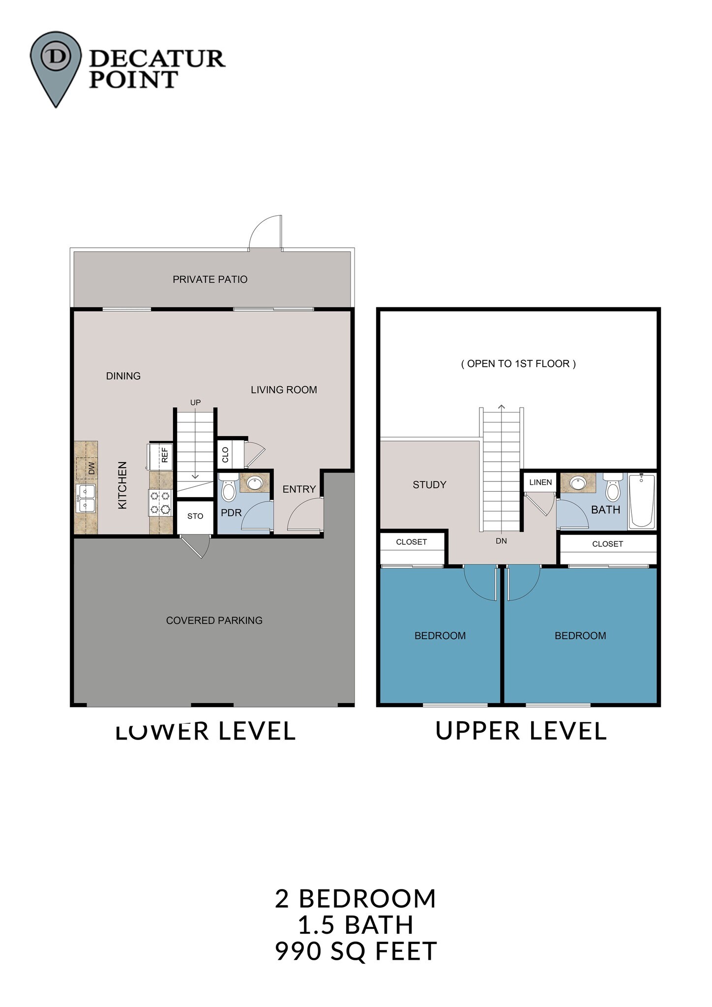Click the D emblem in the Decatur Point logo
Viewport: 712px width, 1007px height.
(x=55, y=56)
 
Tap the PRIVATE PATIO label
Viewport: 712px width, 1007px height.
(x=210, y=279)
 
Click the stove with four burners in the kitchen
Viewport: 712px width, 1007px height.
(x=160, y=503)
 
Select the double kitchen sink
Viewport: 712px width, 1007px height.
(x=86, y=498)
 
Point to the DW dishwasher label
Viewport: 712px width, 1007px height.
(x=91, y=468)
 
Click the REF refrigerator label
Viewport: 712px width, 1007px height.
(x=165, y=454)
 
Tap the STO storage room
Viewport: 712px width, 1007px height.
(x=195, y=516)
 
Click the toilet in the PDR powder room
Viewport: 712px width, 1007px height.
(x=229, y=487)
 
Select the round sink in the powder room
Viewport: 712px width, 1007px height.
(x=255, y=483)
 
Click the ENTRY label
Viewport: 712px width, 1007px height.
(x=299, y=489)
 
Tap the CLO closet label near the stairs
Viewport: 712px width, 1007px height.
(x=226, y=455)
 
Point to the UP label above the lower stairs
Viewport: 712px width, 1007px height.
(x=195, y=402)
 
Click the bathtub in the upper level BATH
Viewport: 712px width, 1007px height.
(x=642, y=500)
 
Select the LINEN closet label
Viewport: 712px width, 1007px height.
(x=540, y=482)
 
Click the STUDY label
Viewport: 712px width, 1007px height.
(x=429, y=485)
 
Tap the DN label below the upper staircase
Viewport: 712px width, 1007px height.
(x=501, y=541)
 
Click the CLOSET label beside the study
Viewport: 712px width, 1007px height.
(x=412, y=542)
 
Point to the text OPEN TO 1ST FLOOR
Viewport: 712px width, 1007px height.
(x=518, y=364)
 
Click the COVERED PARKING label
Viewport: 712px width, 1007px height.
(x=214, y=621)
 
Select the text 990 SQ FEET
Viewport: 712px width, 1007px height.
(x=356, y=951)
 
